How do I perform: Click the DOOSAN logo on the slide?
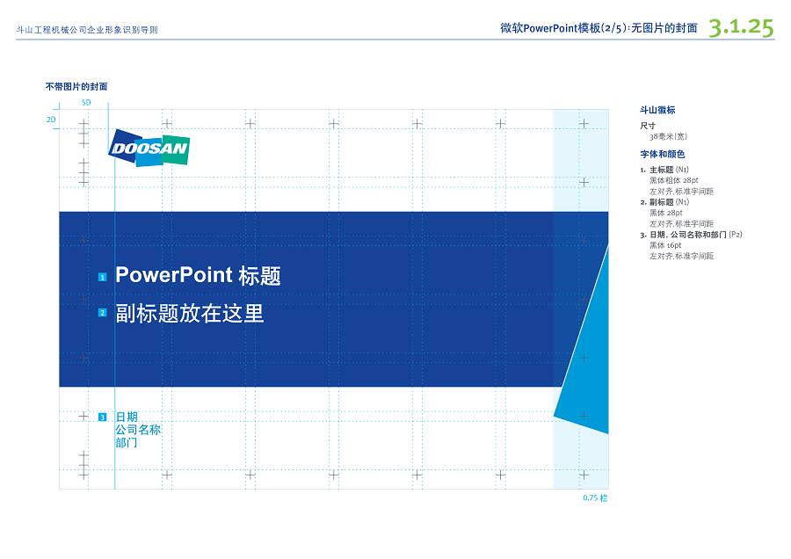tap(149, 148)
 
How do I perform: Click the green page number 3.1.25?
tap(741, 27)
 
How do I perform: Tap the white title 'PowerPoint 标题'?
tap(198, 275)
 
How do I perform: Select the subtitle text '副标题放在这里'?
tap(189, 313)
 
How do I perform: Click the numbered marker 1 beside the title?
tap(103, 277)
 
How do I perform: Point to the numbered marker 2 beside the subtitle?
tap(103, 313)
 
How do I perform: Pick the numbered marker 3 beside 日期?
tap(103, 417)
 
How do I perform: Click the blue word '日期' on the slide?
tap(127, 417)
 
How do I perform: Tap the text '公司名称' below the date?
tap(138, 430)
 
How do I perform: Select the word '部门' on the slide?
tap(126, 442)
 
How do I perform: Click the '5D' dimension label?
tap(86, 103)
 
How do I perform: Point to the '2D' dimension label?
tap(51, 120)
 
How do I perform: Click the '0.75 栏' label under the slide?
tap(595, 498)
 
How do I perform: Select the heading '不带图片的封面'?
tap(76, 87)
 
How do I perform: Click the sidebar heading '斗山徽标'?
tap(657, 110)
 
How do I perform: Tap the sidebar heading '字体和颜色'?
tap(663, 155)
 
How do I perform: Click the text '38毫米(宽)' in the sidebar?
tap(668, 137)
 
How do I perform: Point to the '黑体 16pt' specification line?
tap(665, 245)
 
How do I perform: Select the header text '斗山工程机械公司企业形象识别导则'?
tap(87, 30)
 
